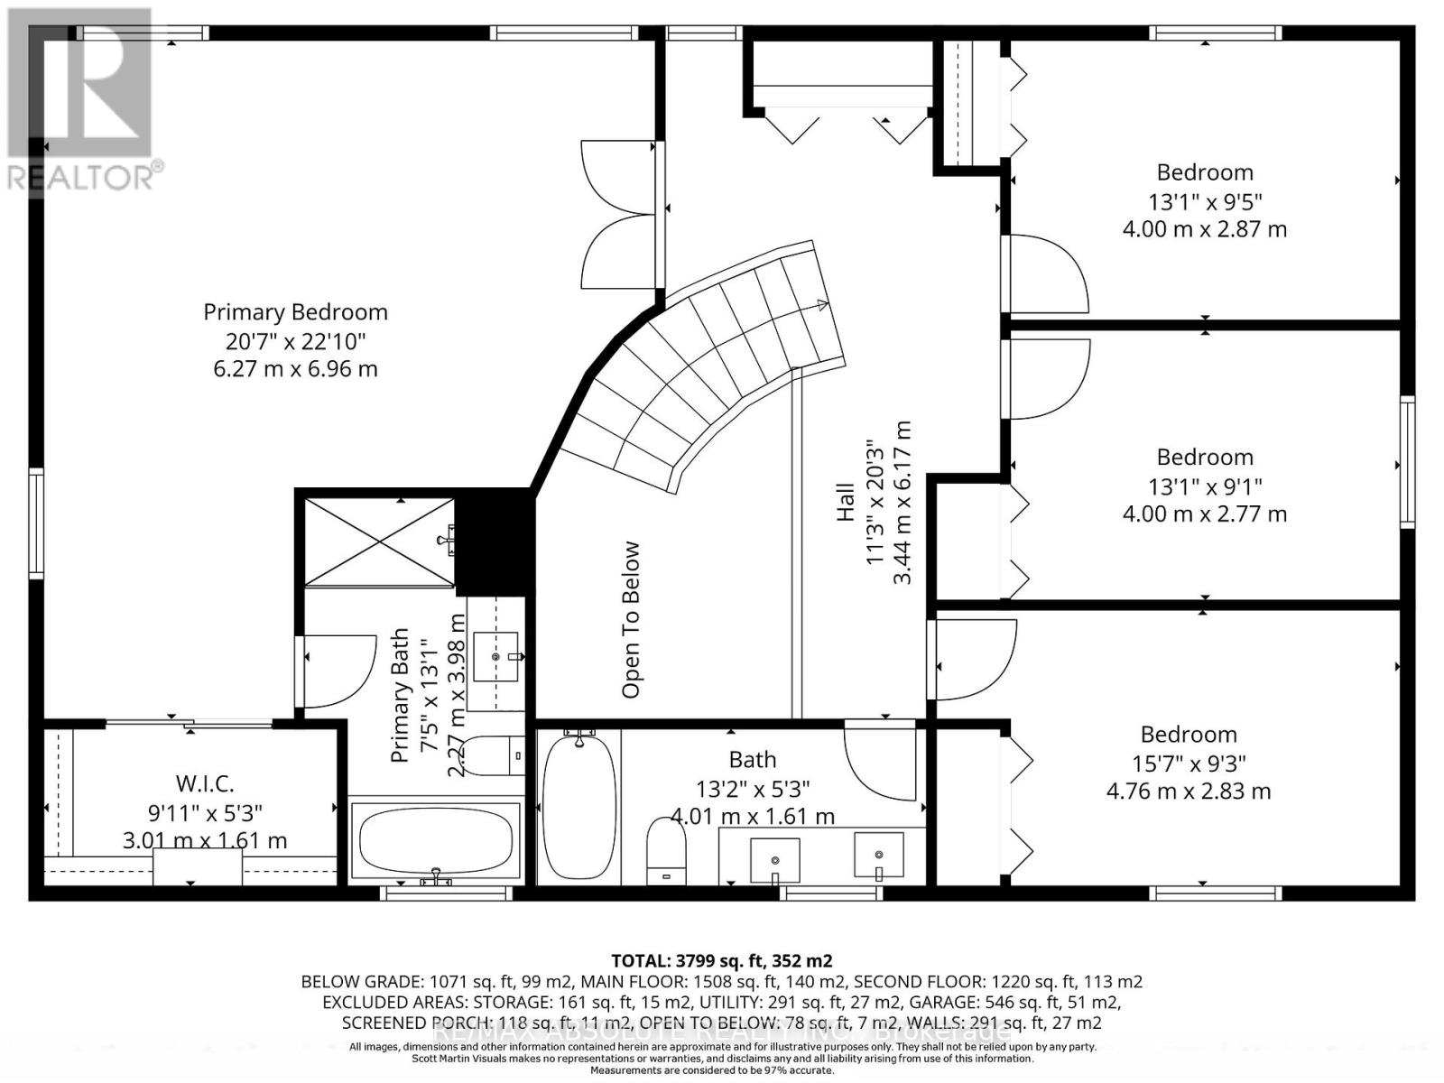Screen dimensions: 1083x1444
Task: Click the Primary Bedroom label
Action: tap(295, 312)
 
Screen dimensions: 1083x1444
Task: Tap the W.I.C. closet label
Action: tap(205, 782)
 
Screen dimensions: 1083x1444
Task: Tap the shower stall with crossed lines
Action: tap(379, 541)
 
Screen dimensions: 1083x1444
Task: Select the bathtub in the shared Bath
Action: tap(579, 806)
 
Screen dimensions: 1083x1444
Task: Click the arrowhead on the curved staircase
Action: tap(821, 305)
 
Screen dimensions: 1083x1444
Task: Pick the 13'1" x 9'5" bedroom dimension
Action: tap(1204, 200)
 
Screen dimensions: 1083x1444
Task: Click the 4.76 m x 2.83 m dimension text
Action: tap(1189, 791)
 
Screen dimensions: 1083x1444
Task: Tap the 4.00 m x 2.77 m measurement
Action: tap(1204, 514)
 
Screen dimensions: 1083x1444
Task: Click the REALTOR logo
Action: tap(81, 99)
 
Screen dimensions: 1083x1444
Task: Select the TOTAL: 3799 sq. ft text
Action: tap(721, 960)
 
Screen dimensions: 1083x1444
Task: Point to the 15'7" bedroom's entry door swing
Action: tap(970, 659)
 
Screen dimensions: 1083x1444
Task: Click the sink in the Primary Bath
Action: tap(496, 656)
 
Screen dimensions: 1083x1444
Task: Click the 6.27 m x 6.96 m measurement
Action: tap(295, 369)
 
